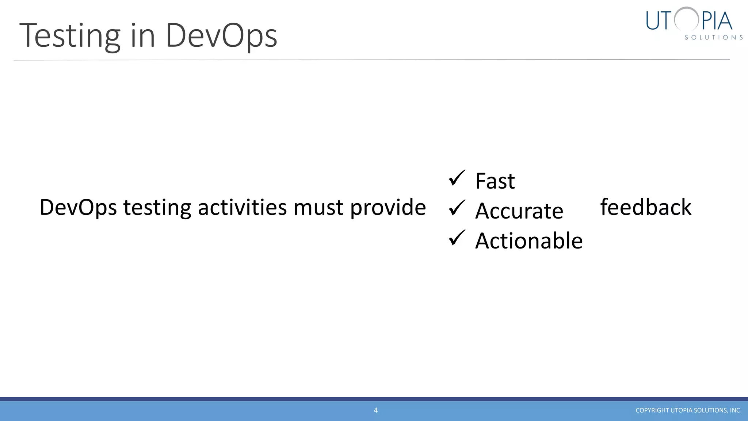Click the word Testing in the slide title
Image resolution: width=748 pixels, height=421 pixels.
[69, 36]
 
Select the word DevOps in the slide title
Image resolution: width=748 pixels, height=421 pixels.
[221, 36]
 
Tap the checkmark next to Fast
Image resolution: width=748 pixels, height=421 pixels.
[457, 178]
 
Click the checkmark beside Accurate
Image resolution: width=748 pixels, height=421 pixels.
[457, 208]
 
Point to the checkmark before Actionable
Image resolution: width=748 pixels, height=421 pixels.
[457, 238]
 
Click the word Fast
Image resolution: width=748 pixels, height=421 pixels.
[495, 181]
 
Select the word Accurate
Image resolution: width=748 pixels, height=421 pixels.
[519, 211]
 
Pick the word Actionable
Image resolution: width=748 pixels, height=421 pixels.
[529, 241]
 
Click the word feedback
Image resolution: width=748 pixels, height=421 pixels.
[646, 207]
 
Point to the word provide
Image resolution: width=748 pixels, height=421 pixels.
[388, 208]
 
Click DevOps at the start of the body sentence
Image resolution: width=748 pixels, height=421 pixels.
[78, 208]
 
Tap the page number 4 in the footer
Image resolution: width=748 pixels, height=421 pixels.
[375, 410]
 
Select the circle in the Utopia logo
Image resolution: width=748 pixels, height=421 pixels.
[687, 19]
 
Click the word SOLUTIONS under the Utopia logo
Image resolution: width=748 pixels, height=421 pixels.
[714, 37]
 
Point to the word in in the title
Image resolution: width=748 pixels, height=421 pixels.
[143, 36]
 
